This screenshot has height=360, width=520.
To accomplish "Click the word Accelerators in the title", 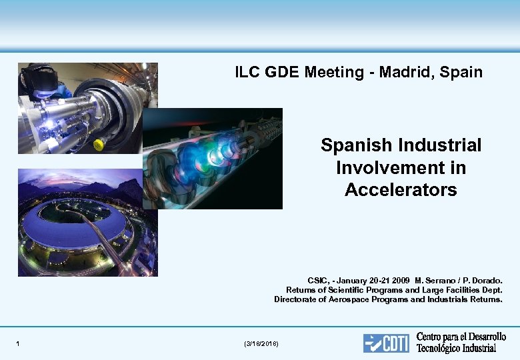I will click(401, 190).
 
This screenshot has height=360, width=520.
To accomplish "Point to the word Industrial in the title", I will click(441, 145).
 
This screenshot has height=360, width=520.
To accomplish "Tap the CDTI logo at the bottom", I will click(386, 343).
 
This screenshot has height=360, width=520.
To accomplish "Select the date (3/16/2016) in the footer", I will click(262, 344).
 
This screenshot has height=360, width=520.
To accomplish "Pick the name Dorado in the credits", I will click(487, 281).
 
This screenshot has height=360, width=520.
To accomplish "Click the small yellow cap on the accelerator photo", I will click(98, 144).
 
